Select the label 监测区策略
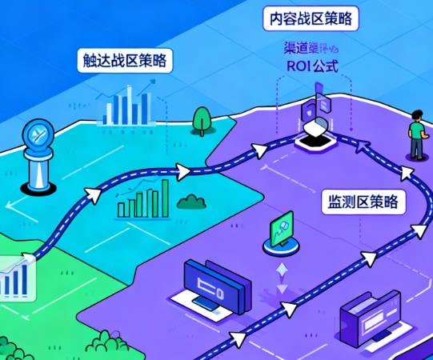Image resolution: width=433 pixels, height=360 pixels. point(363,200)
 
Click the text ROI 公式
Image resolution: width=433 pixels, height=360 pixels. point(312,67)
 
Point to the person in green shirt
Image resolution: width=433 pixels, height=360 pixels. point(415,136)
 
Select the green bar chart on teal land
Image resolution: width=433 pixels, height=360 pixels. point(144,200)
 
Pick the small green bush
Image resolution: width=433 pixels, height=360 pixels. point(190,200)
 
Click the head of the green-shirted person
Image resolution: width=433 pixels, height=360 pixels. point(417,117)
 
